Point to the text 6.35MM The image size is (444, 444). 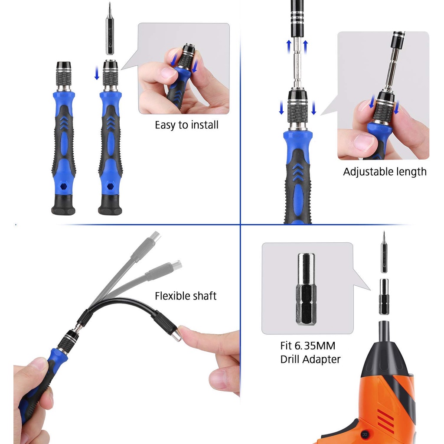tap(315, 346)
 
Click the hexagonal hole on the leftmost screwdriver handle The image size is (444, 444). tap(63, 186)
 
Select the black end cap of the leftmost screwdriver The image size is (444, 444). tap(63, 205)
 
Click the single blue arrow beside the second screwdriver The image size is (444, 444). tap(97, 73)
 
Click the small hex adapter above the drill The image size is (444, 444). tap(384, 297)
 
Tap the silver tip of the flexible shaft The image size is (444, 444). tap(177, 333)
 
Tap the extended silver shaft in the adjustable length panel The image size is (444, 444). tap(297, 62)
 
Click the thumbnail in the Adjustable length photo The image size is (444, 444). tap(364, 142)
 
